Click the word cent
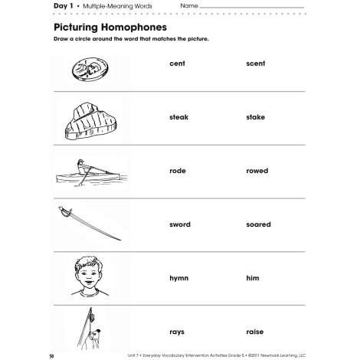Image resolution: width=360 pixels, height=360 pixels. click(177, 64)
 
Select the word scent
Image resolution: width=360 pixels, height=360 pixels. click(256, 64)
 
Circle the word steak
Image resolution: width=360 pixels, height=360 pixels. click(179, 117)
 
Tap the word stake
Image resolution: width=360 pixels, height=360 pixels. click(256, 117)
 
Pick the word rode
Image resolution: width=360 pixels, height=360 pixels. click(178, 171)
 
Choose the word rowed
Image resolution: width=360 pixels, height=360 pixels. click(257, 171)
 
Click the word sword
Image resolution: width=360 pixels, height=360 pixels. click(180, 224)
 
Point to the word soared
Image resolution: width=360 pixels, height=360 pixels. click(258, 224)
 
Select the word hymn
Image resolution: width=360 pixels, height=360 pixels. click(179, 278)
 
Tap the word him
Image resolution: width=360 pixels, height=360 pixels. click(253, 278)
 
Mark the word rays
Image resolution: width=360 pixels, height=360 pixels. click(177, 332)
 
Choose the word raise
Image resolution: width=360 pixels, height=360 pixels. click(255, 332)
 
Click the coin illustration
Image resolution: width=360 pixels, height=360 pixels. click(90, 69)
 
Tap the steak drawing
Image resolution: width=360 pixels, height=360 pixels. click(90, 121)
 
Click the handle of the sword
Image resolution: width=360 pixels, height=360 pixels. click(64, 212)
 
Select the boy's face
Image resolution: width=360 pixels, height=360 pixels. click(88, 275)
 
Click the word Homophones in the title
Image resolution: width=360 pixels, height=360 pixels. click(133, 28)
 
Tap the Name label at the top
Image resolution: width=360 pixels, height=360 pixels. click(189, 6)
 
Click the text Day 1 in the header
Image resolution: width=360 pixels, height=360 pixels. click(64, 6)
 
